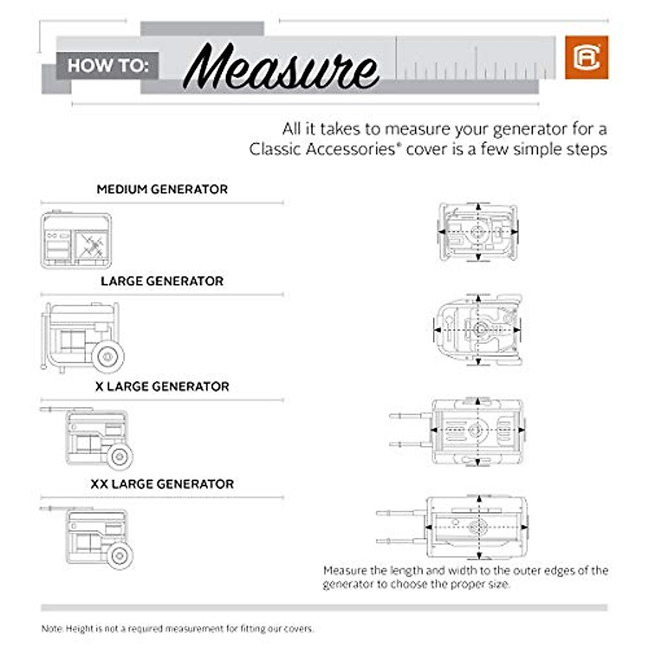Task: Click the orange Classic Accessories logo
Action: coord(586,58)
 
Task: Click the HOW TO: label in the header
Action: coord(107,66)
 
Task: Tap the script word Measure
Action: coord(281,67)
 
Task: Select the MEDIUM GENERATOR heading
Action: coord(162,190)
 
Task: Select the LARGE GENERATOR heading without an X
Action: coord(162,281)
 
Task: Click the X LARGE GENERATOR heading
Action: coord(162,387)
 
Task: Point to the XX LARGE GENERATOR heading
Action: coord(162,484)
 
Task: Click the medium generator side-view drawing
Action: coord(76,240)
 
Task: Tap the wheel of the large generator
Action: coord(108,356)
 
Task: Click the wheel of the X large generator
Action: coord(119,456)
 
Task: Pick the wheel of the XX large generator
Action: coord(119,555)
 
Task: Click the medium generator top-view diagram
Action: coord(478,232)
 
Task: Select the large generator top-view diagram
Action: coord(478,328)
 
